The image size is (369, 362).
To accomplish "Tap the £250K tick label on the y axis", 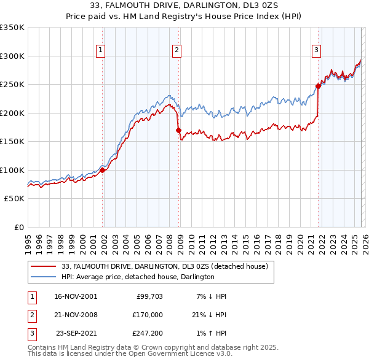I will [x=12, y=85].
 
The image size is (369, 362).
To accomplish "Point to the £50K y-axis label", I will [x=14, y=199].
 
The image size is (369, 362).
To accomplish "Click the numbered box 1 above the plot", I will [x=100, y=51].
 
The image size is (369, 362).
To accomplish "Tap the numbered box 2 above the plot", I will [x=177, y=51].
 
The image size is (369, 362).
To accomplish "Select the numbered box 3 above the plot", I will [x=316, y=51].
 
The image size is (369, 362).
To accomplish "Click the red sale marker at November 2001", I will [x=103, y=170].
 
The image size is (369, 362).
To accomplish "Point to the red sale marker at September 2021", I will [x=319, y=87].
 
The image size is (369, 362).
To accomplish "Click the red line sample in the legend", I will [x=43, y=267].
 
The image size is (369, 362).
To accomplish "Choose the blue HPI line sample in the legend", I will [x=43, y=277].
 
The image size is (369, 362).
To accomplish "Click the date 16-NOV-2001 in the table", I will [x=75, y=296].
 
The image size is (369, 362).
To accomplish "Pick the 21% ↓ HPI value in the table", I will [x=209, y=315].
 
